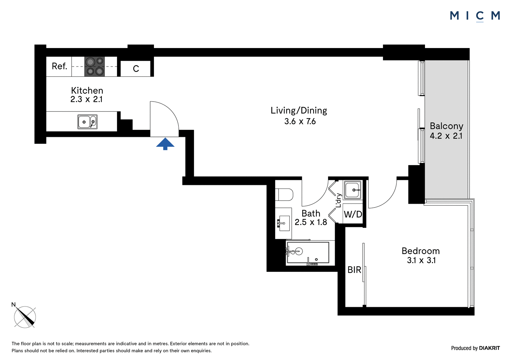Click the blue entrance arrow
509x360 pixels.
click(165, 144)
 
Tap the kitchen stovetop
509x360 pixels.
click(94, 67)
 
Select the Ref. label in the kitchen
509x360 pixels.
click(59, 66)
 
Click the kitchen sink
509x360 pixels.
click(87, 122)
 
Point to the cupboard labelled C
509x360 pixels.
click(136, 68)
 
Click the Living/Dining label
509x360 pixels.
click(299, 110)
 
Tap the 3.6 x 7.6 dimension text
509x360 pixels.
click(300, 122)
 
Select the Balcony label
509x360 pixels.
click(447, 126)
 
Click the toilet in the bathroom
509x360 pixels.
click(284, 194)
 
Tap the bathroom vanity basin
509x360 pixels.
click(283, 223)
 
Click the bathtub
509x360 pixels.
click(308, 253)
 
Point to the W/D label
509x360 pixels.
click(353, 214)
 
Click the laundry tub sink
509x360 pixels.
click(352, 190)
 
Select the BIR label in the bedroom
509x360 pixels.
click(354, 270)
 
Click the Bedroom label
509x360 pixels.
click(421, 251)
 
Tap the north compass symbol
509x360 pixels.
click(24, 317)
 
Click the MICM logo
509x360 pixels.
click(475, 16)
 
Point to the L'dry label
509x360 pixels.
click(338, 200)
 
